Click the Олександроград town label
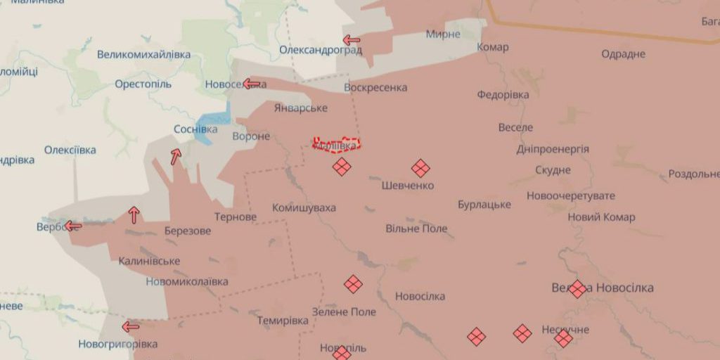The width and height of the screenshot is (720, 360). click(321, 50)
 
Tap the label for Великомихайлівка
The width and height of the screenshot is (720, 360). click(143, 54)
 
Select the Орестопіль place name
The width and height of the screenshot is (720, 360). click(143, 84)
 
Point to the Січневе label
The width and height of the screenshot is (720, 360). click(300, 108)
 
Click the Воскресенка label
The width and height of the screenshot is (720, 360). click(375, 88)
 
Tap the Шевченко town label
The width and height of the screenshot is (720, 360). click(408, 186)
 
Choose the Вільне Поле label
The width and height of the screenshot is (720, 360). click(416, 229)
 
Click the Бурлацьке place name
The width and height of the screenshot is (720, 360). click(484, 205)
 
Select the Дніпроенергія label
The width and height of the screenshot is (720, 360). click(553, 149)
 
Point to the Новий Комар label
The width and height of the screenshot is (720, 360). click(601, 217)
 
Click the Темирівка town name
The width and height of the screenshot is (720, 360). click(282, 320)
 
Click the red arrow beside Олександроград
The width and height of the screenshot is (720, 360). click(351, 40)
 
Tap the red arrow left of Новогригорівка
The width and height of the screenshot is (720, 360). click(130, 326)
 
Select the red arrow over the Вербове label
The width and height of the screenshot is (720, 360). click(72, 226)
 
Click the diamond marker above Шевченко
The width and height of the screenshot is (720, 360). click(420, 167)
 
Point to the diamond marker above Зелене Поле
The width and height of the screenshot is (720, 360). click(353, 284)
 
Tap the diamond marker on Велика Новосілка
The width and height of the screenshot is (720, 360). click(577, 288)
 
